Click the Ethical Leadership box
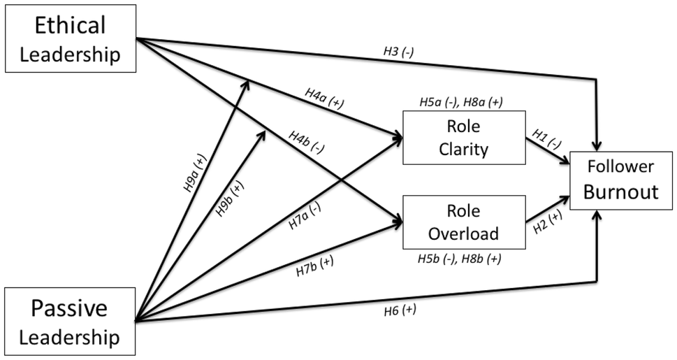pyautogui.click(x=71, y=38)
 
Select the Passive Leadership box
pyautogui.click(x=69, y=321)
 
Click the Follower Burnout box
pyautogui.click(x=621, y=180)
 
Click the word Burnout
pyautogui.click(x=621, y=192)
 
